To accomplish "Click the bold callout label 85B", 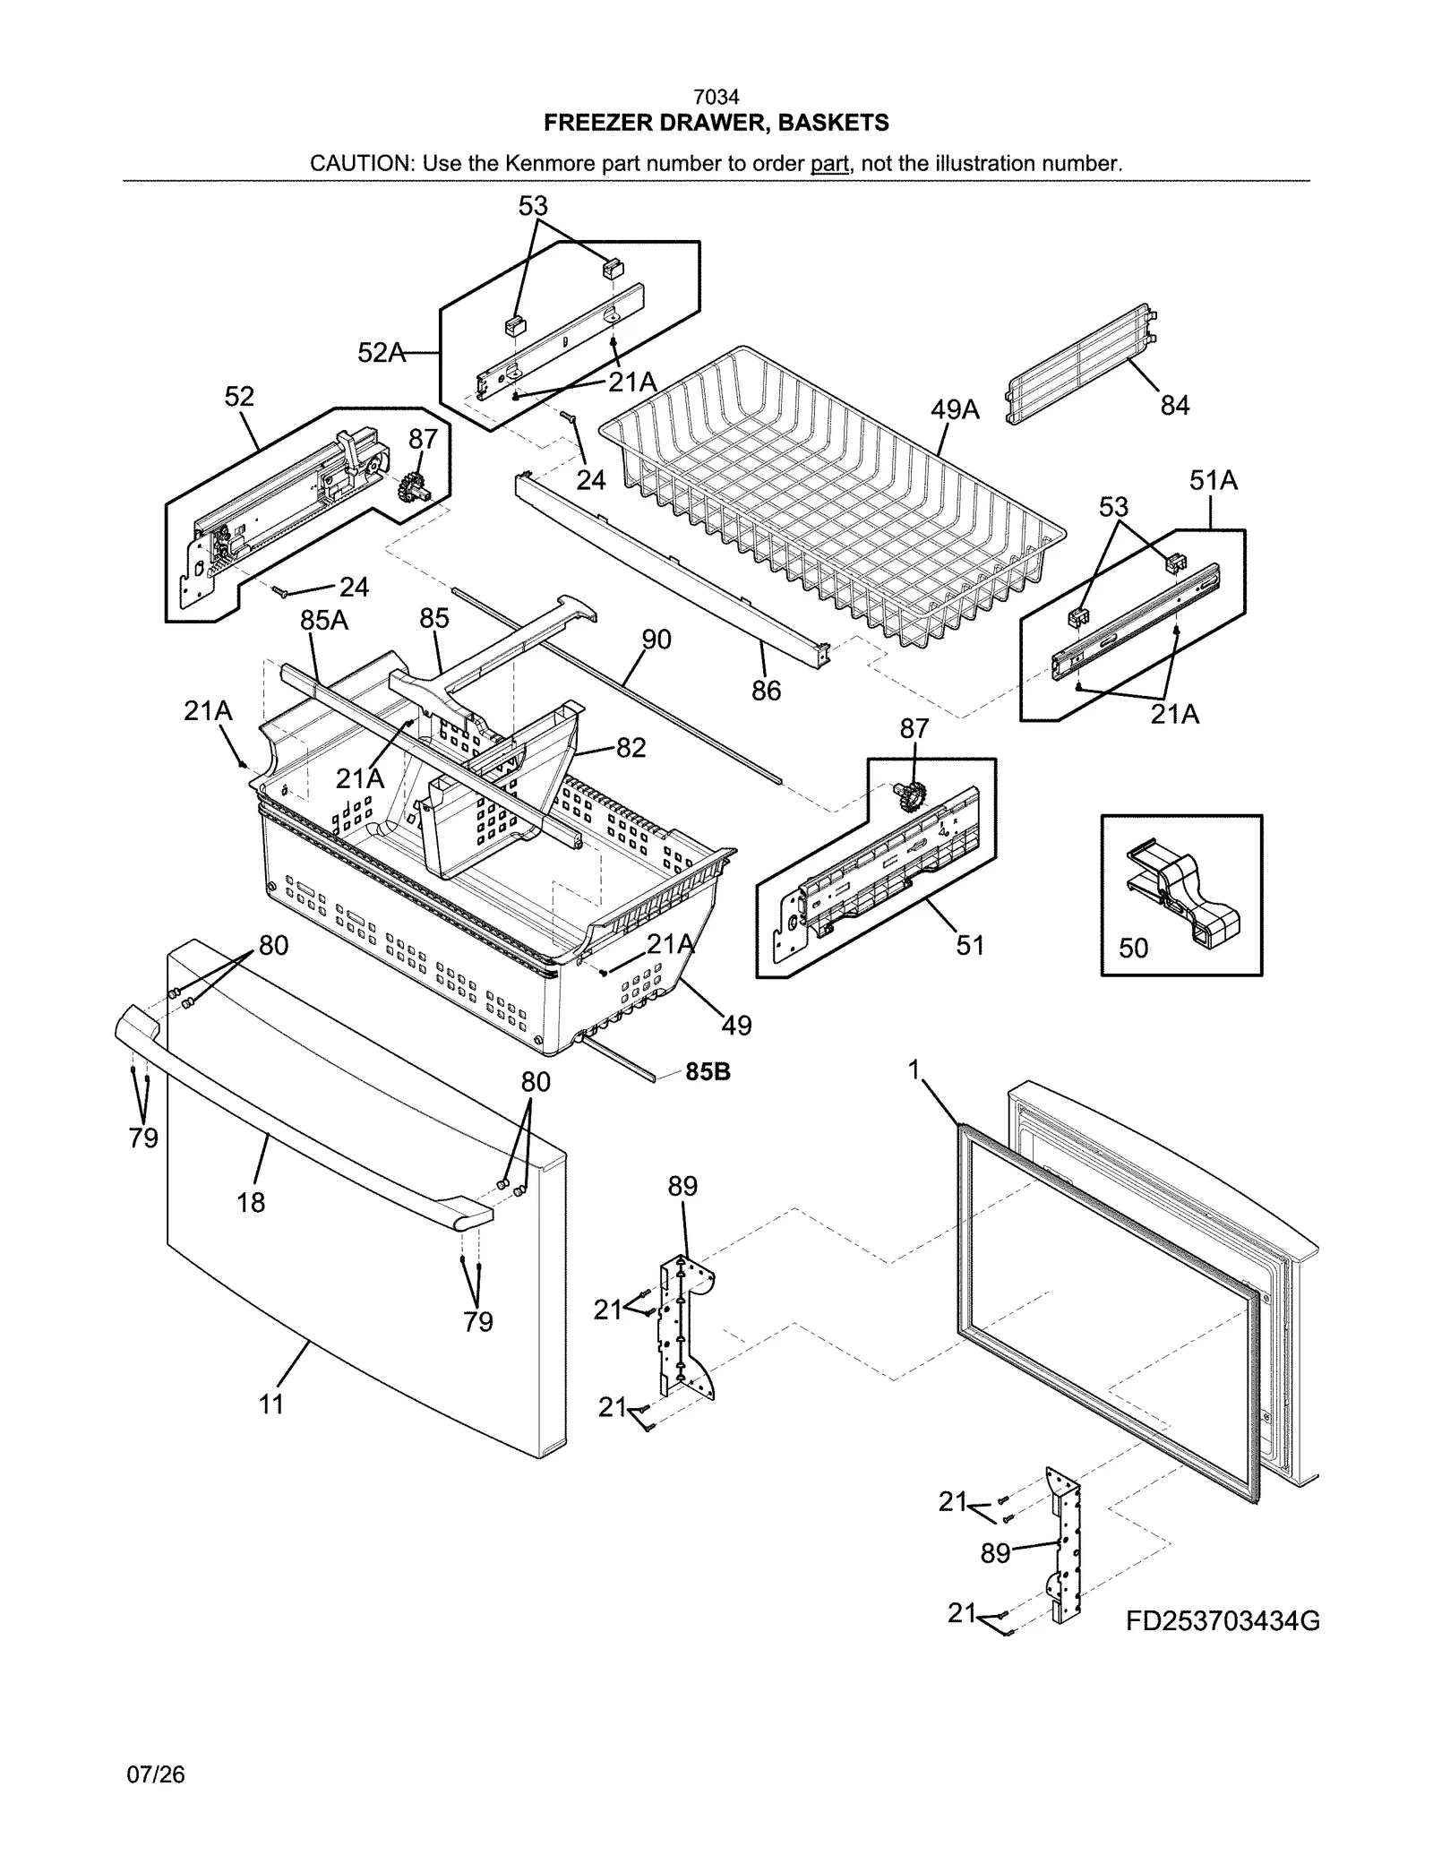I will click(x=708, y=1071).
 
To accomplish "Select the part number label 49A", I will click(x=955, y=410).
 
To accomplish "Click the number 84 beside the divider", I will click(x=1174, y=406).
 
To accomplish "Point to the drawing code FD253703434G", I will click(x=1223, y=1621).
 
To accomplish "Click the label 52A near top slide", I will click(x=382, y=353).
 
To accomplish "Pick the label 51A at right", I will click(x=1214, y=481).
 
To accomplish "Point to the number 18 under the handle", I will click(x=251, y=1202).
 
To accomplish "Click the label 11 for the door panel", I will click(x=271, y=1404).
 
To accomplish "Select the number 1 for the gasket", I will click(x=914, y=1069).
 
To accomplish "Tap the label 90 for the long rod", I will click(x=656, y=640).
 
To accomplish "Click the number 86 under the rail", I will click(x=766, y=691).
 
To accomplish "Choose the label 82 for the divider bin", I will click(x=631, y=748).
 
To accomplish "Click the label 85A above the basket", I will click(x=323, y=619).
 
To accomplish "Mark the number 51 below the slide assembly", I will click(x=970, y=945).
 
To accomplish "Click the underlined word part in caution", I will click(x=829, y=164).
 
